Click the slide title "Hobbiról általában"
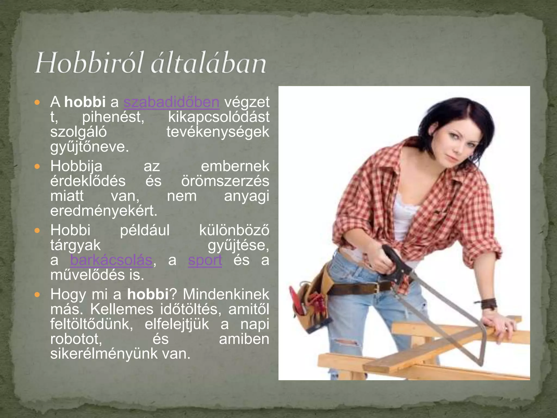point(150,63)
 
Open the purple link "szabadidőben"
point(171,102)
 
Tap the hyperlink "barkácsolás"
point(111,260)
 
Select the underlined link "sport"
point(205,260)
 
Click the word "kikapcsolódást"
point(219,117)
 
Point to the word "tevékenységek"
point(218,132)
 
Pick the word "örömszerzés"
point(225,181)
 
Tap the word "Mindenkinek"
point(226,294)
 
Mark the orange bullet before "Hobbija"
point(37,166)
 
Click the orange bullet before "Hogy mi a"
point(37,294)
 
